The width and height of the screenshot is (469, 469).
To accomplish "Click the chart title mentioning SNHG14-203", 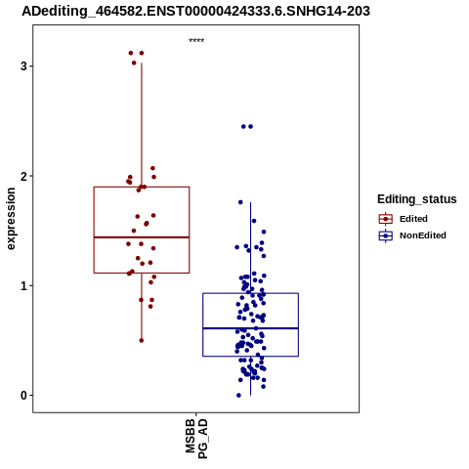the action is click(x=195, y=11).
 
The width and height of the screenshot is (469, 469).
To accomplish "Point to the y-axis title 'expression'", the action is click(x=11, y=219).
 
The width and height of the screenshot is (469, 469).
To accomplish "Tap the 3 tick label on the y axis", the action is click(x=23, y=66).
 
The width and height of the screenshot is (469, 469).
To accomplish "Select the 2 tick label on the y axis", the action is click(x=23, y=176).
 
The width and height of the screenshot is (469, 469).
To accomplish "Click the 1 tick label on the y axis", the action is click(x=23, y=286).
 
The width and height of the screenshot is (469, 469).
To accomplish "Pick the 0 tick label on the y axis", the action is click(x=23, y=396).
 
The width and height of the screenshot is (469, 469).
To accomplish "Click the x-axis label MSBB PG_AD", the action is click(x=196, y=439).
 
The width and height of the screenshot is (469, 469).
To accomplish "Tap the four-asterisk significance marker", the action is click(x=196, y=41).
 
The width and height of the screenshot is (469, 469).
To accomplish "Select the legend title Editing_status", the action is click(x=417, y=199).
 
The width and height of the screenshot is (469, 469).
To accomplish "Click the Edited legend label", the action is click(x=413, y=219).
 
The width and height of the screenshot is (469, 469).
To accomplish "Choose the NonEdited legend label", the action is click(x=423, y=235).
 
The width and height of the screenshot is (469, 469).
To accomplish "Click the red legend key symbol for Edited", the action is click(x=386, y=219).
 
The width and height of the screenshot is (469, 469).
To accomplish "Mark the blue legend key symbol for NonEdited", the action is click(x=386, y=235).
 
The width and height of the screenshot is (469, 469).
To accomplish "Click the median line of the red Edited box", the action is click(x=142, y=237).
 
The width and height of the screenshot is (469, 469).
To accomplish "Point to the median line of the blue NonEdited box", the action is click(x=250, y=328).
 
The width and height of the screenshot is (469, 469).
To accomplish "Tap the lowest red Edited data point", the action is click(x=142, y=340).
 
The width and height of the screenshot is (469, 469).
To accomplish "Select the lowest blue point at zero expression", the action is click(x=238, y=396).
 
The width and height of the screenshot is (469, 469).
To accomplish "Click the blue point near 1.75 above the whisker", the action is click(x=240, y=202).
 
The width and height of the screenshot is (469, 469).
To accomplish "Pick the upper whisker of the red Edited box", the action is click(x=142, y=125).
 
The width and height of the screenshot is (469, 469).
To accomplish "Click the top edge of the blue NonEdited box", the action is click(x=250, y=293).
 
